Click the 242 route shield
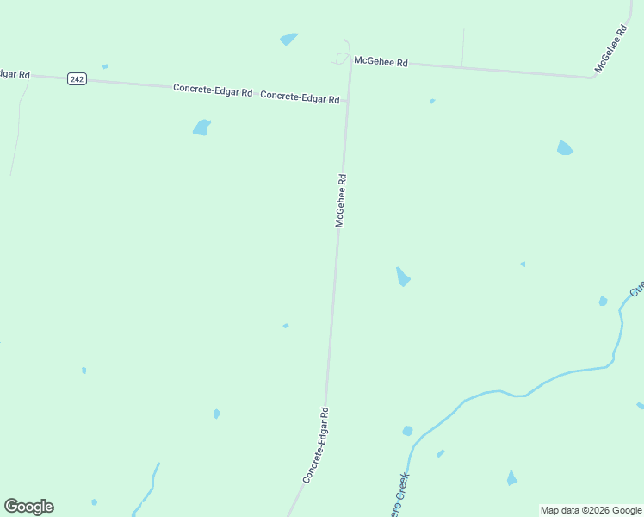pyautogui.click(x=77, y=79)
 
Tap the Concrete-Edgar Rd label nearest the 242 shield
pyautogui.click(x=212, y=90)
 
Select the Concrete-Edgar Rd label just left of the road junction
pyautogui.click(x=300, y=97)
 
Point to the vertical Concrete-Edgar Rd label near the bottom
pyautogui.click(x=316, y=445)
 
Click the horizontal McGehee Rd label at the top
pyautogui.click(x=381, y=62)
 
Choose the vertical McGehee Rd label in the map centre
pyautogui.click(x=341, y=201)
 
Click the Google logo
pyautogui.click(x=28, y=507)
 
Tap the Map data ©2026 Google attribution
pyautogui.click(x=591, y=510)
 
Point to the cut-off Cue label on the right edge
pyautogui.click(x=637, y=289)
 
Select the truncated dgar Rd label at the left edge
pyautogui.click(x=15, y=74)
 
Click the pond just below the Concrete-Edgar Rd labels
pyautogui.click(x=201, y=128)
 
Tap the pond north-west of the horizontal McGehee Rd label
pyautogui.click(x=288, y=39)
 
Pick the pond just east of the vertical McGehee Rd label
pyautogui.click(x=402, y=277)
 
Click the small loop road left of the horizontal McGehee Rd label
pyautogui.click(x=341, y=59)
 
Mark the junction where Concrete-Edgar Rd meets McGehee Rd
pyautogui.click(x=348, y=102)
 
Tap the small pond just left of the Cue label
pyautogui.click(x=603, y=301)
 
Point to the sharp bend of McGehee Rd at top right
pyautogui.click(x=592, y=77)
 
